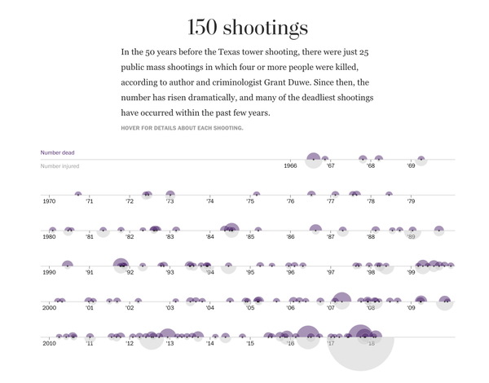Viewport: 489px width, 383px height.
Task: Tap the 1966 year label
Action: click(290, 166)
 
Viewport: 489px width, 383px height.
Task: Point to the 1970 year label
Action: click(49, 201)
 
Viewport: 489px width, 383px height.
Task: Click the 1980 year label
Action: click(49, 237)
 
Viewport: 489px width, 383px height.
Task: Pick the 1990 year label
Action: click(49, 272)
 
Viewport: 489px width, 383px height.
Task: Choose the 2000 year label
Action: click(49, 308)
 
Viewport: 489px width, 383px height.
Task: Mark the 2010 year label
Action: click(49, 344)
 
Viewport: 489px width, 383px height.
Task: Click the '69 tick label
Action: click(412, 166)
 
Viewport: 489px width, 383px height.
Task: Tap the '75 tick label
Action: click(250, 201)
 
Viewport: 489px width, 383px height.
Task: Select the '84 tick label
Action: click(210, 237)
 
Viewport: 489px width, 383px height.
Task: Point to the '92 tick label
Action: click(130, 272)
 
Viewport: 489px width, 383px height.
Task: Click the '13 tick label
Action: click(170, 344)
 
